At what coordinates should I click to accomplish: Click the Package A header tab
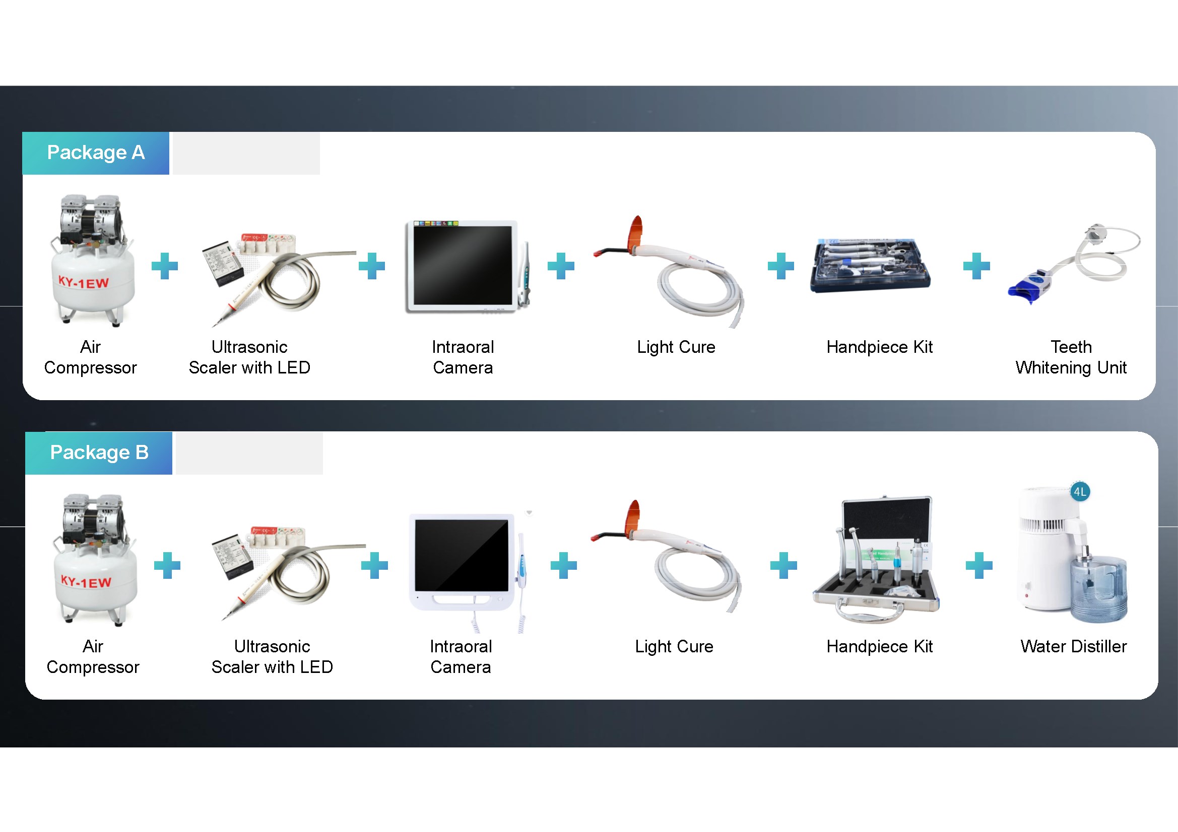(x=96, y=153)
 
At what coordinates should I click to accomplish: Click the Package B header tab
(x=99, y=452)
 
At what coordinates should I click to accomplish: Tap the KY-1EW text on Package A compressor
(x=84, y=282)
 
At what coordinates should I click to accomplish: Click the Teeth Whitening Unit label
(x=1071, y=357)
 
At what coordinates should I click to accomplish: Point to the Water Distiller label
(x=1073, y=646)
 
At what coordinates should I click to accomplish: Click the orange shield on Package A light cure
(x=636, y=231)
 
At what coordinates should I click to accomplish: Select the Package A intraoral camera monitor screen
(x=463, y=265)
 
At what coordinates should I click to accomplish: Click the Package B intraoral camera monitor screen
(x=462, y=555)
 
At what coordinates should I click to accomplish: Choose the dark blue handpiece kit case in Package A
(x=870, y=266)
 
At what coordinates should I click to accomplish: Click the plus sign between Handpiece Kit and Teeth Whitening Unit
(x=976, y=266)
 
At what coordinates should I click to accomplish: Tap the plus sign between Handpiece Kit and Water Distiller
(x=979, y=565)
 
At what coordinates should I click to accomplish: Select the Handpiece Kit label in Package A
(x=879, y=347)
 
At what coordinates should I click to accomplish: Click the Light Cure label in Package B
(x=674, y=646)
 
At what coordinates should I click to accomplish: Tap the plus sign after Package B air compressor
(x=167, y=565)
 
